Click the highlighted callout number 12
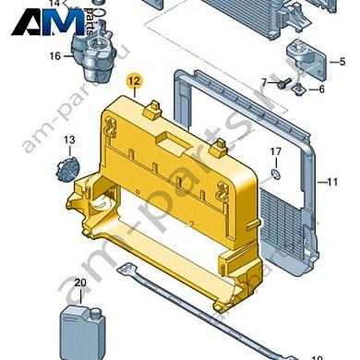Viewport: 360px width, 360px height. pos(134,82)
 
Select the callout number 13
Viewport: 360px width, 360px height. pos(67,140)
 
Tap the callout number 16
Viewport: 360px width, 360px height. pos(54,56)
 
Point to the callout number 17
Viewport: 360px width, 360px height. pos(275,151)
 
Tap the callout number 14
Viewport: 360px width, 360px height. pos(54,4)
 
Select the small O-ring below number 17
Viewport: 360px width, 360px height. pos(275,173)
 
